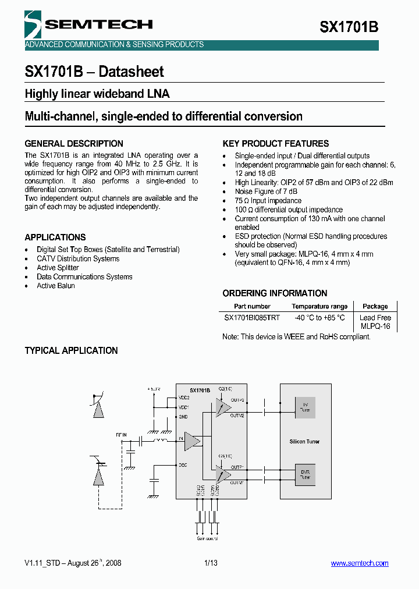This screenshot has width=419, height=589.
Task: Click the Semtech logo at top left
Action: [87, 24]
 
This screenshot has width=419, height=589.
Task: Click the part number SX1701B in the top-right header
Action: [349, 27]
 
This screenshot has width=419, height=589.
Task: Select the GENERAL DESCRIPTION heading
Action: [74, 144]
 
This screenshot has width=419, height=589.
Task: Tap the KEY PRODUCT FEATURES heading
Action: [276, 144]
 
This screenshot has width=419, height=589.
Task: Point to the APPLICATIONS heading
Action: [55, 237]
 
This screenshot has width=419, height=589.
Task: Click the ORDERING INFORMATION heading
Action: [275, 293]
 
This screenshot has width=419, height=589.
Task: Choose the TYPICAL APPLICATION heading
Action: [71, 350]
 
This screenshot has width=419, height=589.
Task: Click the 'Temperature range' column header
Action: [319, 306]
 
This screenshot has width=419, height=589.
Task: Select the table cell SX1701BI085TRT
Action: [252, 318]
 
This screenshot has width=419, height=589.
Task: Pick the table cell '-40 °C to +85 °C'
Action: [319, 318]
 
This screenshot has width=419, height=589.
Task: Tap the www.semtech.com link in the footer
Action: [359, 563]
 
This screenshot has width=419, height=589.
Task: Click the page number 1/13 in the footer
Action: [211, 563]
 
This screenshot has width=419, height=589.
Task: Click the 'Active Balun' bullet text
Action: [56, 286]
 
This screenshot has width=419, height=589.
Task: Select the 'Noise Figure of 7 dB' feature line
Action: [266, 191]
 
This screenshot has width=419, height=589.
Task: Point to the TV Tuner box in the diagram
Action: [305, 407]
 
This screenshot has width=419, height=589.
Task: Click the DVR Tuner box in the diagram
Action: [305, 474]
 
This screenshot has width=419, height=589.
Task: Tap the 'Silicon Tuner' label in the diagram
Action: [305, 441]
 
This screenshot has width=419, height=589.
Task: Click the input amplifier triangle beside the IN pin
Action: [192, 441]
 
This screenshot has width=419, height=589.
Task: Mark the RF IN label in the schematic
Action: [121, 434]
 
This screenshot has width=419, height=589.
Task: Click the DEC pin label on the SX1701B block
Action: [183, 465]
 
